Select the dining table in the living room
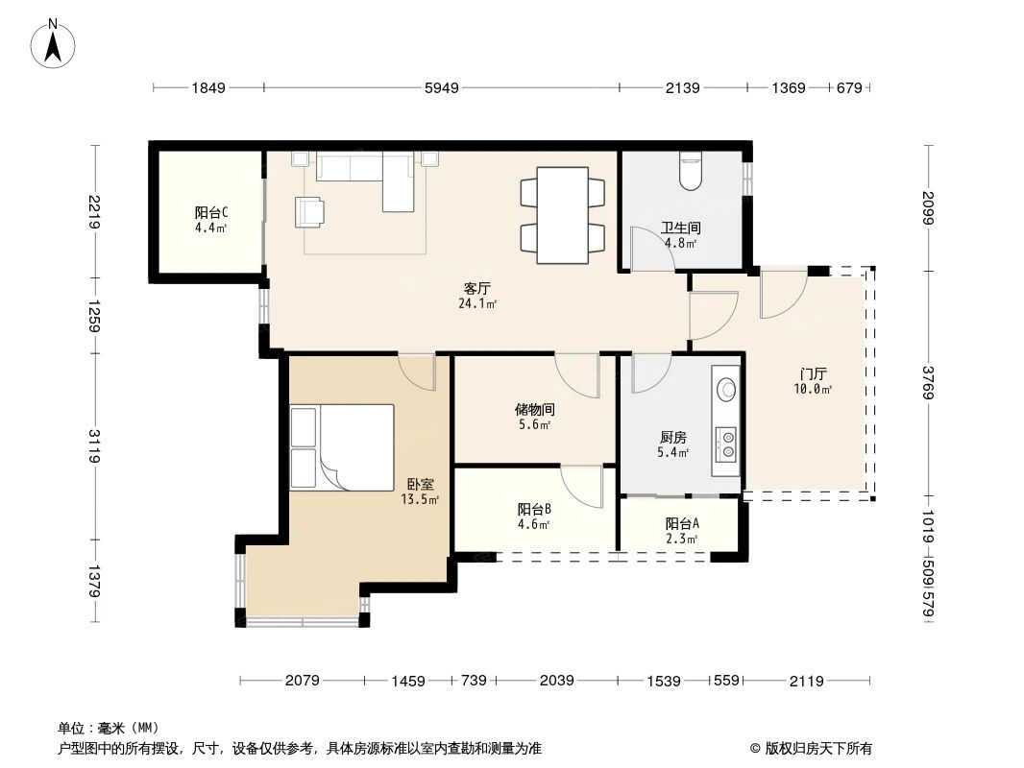[x=562, y=215]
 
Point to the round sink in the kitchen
[x=727, y=389]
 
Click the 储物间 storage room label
[x=534, y=409]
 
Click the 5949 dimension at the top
[x=442, y=88]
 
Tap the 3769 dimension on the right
[x=929, y=383]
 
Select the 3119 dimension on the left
[x=93, y=447]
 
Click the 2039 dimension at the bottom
[x=556, y=681]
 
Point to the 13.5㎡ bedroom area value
[x=420, y=499]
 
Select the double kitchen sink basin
[x=727, y=443]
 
